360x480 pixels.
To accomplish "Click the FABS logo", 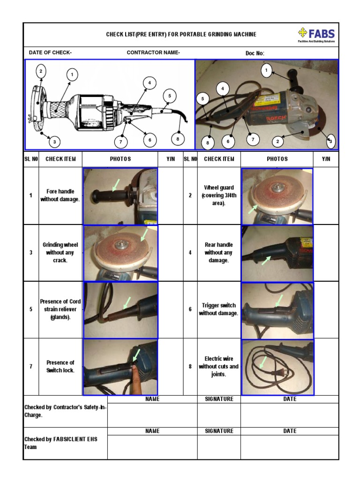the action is point(316,35).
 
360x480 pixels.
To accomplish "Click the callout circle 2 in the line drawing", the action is point(41,71).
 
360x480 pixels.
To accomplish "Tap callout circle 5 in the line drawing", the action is point(169,96).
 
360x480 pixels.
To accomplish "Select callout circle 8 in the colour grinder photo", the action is point(207,142).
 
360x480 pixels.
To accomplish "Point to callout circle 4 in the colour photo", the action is point(223,88).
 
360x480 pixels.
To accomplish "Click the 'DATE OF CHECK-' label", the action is point(50,52).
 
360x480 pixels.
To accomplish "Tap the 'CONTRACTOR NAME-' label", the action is point(153,52).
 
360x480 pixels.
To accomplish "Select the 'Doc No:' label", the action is point(255,53).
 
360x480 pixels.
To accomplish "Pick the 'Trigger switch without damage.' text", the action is point(218,309).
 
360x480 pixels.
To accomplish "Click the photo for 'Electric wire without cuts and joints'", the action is point(277,367).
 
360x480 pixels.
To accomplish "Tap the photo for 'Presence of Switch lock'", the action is point(120,367).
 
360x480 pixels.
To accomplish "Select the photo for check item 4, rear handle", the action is point(277,253).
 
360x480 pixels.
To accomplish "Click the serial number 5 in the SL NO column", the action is point(31,309).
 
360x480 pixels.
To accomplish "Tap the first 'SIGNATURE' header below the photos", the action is point(219,399).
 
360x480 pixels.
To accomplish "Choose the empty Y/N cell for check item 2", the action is point(326,195).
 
